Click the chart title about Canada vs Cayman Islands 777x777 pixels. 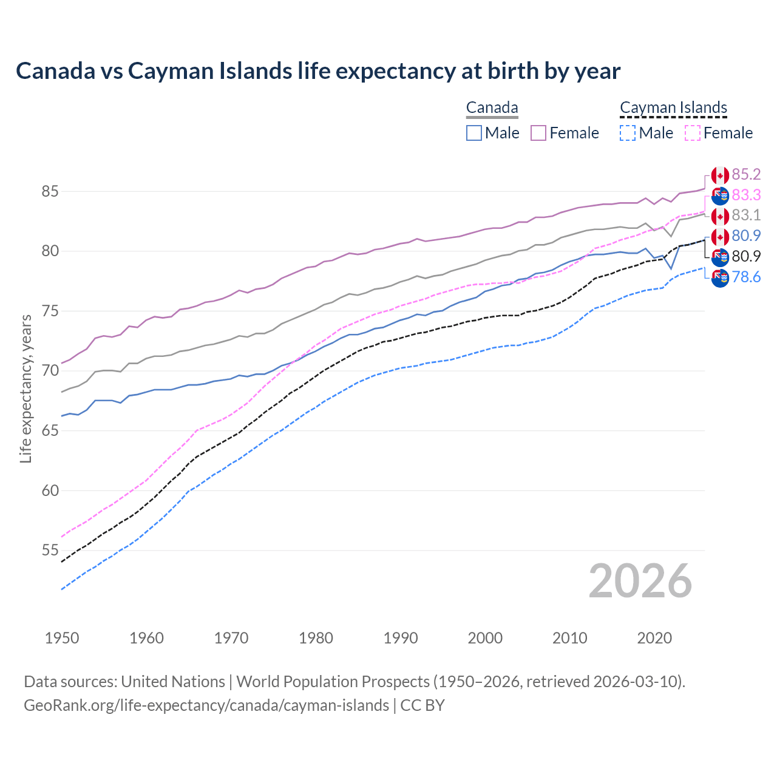point(318,71)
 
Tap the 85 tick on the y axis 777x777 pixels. point(50,192)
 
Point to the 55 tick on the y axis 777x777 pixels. point(50,551)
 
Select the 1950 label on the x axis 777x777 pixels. point(62,638)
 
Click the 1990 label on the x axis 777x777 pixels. point(401,638)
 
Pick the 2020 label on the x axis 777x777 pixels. point(654,638)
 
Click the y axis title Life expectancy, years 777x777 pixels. point(25,388)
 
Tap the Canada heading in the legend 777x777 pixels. point(492,108)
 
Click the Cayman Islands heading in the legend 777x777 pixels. point(673,108)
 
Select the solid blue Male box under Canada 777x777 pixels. point(474,133)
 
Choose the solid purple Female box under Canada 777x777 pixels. point(538,133)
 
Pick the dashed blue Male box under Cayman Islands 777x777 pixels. point(628,133)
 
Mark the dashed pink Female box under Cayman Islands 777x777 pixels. point(692,133)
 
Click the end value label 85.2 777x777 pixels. point(746,175)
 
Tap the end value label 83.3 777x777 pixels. point(746,195)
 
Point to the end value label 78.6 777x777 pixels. point(746,277)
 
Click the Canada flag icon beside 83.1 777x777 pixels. point(720,216)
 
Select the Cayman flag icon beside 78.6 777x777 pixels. point(720,279)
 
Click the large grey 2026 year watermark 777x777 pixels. point(640,581)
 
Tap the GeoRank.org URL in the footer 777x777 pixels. point(206,705)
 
